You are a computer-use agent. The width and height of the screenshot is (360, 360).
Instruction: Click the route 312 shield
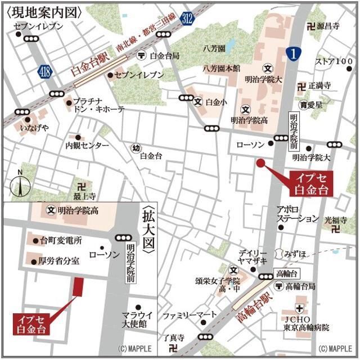click(188, 19)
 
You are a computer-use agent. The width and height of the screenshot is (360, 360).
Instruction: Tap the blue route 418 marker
click(45, 71)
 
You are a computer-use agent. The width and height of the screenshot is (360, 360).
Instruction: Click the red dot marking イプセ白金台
click(260, 163)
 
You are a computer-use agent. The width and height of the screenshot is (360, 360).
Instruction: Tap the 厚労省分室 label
click(59, 261)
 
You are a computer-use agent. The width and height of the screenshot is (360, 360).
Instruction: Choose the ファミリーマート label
click(184, 316)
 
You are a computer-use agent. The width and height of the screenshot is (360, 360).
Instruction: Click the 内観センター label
click(88, 145)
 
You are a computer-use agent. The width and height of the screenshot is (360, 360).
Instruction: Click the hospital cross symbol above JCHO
click(300, 308)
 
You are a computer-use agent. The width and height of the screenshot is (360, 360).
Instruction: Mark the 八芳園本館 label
click(222, 68)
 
